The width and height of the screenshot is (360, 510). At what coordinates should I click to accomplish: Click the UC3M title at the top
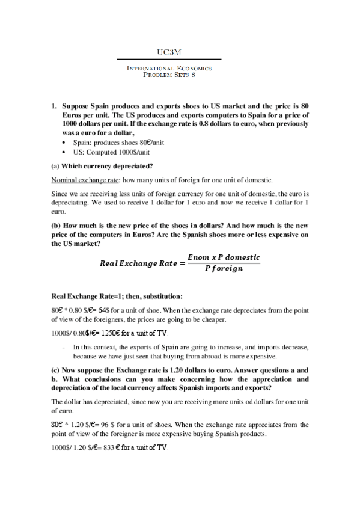[x=169, y=52]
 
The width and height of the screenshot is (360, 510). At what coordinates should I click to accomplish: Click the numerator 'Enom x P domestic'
[x=223, y=257]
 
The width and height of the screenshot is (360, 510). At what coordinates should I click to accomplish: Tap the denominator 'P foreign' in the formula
[x=224, y=269]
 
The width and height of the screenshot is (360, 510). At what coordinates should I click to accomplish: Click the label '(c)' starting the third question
[x=57, y=370]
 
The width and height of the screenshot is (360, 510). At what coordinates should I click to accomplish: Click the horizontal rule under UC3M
[x=169, y=60]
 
